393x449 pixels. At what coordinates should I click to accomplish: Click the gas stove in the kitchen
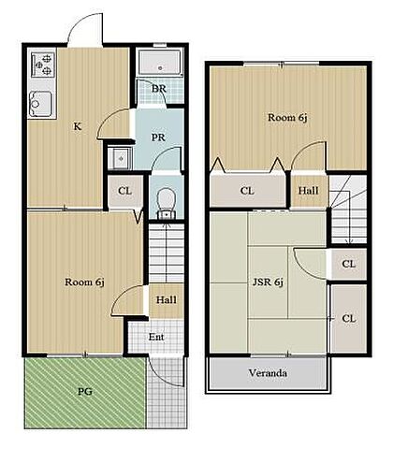pyautogui.click(x=43, y=65)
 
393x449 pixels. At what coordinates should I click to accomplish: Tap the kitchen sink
pyautogui.click(x=41, y=104)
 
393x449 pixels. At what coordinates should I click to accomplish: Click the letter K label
pyautogui.click(x=78, y=126)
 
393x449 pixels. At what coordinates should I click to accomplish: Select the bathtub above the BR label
pyautogui.click(x=160, y=64)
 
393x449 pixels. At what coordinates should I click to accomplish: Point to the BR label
pyautogui.click(x=159, y=89)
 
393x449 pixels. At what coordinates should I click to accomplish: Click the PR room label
pyautogui.click(x=158, y=138)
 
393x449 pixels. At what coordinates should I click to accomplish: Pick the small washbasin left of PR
pyautogui.click(x=120, y=158)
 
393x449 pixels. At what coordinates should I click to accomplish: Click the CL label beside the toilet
pyautogui.click(x=124, y=191)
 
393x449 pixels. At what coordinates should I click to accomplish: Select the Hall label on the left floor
pyautogui.click(x=167, y=300)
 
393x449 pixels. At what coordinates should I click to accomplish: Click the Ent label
pyautogui.click(x=156, y=337)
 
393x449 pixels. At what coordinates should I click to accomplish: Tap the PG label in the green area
pyautogui.click(x=85, y=391)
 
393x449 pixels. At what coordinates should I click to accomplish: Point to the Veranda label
pyautogui.click(x=268, y=373)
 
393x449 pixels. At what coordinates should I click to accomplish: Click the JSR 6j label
pyautogui.click(x=268, y=282)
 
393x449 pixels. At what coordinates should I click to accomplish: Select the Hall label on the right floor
pyautogui.click(x=308, y=191)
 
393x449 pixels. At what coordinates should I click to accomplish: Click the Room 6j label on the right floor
pyautogui.click(x=288, y=118)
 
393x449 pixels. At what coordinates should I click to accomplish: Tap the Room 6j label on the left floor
pyautogui.click(x=84, y=282)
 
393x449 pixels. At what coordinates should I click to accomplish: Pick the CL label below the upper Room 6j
pyautogui.click(x=247, y=191)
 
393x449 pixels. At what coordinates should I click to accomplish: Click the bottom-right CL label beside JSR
pyautogui.click(x=349, y=318)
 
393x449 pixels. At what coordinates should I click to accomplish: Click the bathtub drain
pyautogui.click(x=160, y=67)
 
